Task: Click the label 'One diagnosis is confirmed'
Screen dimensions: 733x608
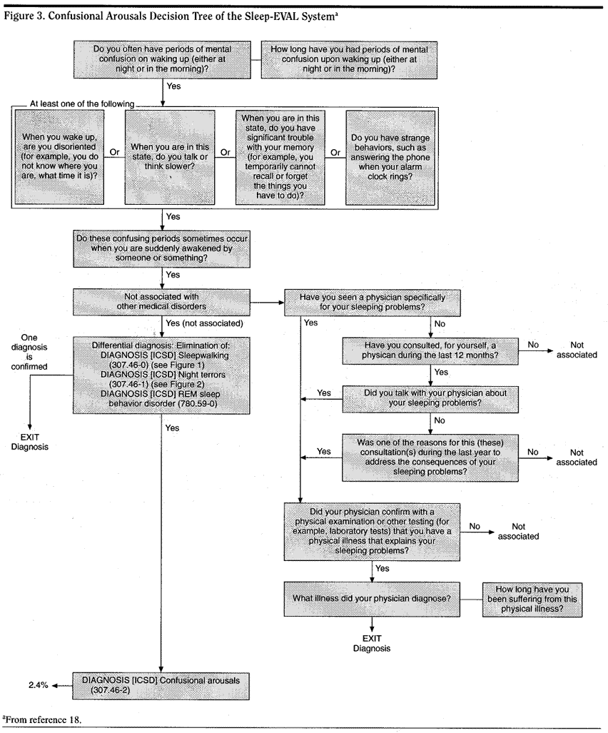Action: tap(26, 351)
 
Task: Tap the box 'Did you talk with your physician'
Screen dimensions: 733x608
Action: tap(431, 397)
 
